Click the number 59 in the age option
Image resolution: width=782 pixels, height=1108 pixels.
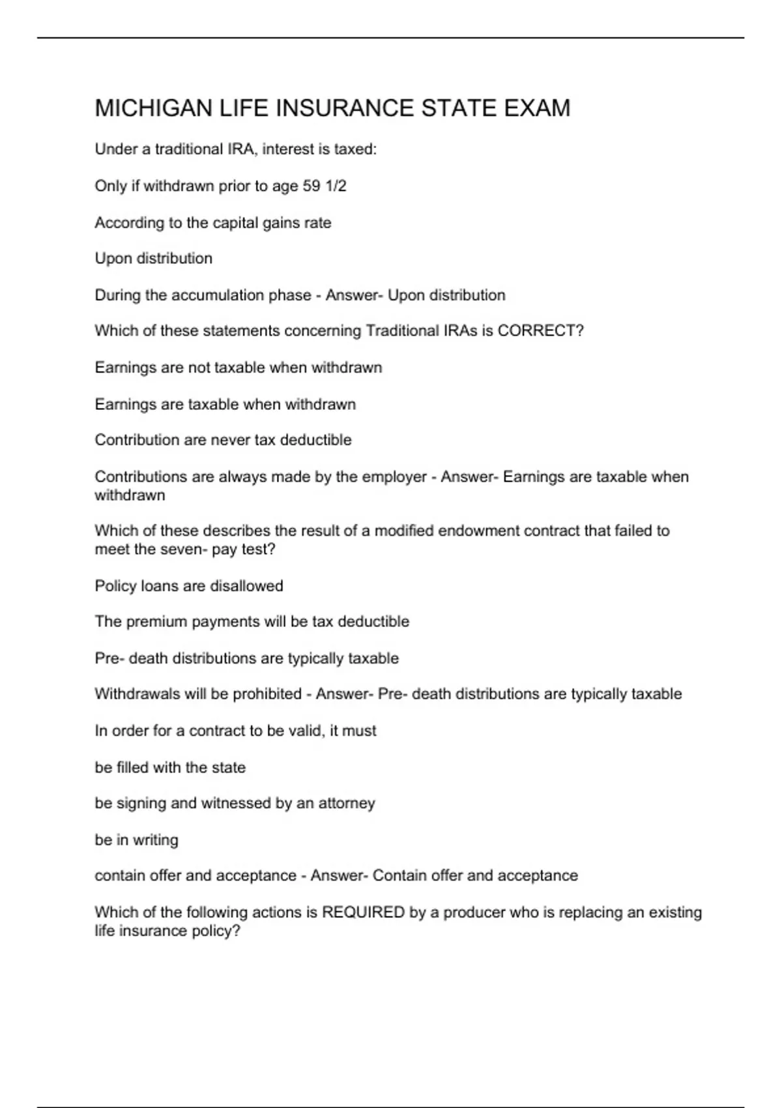coord(311,186)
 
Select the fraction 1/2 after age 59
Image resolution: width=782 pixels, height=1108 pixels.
coord(336,186)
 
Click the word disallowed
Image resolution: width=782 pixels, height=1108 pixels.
coord(246,586)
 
